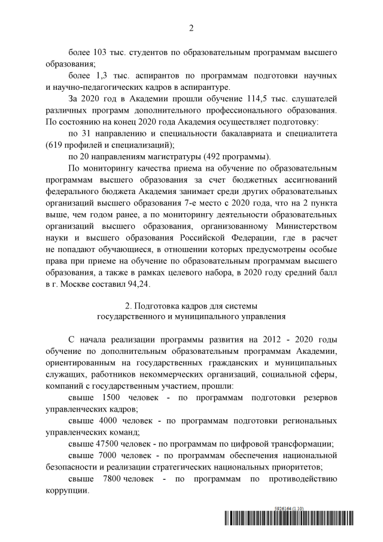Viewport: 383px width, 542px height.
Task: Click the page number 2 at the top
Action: pos(191,28)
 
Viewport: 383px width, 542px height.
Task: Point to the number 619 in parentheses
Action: pos(54,144)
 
